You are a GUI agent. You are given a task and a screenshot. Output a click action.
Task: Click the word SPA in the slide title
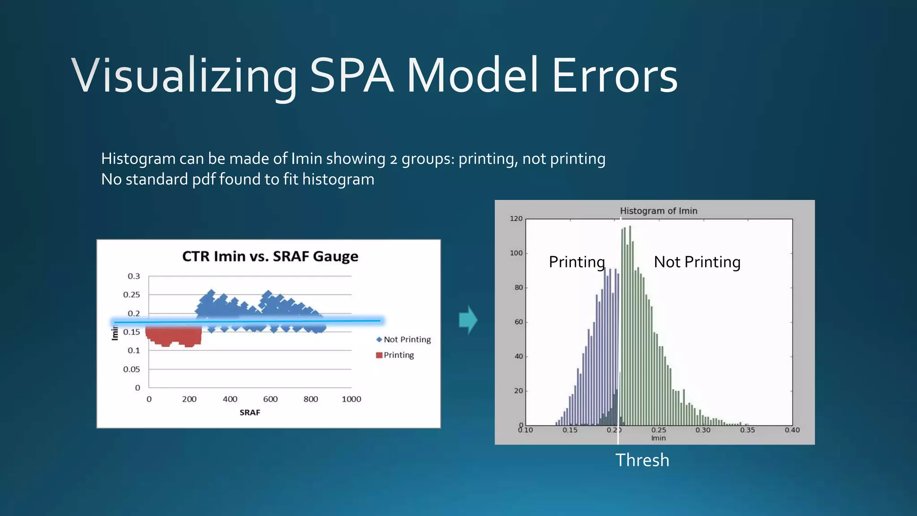[x=351, y=76]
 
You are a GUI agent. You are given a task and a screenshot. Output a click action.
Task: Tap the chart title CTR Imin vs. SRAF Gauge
[x=270, y=257]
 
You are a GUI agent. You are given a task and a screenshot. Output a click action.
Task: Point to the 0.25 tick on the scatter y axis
[x=132, y=295]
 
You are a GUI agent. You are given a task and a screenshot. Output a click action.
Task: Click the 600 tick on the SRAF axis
[x=270, y=399]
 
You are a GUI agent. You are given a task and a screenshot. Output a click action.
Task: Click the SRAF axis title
[x=249, y=413]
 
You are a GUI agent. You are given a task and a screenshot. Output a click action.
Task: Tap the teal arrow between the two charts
[x=468, y=320]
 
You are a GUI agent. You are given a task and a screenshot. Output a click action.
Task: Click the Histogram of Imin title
[x=658, y=211]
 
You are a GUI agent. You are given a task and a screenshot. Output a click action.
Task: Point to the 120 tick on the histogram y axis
[x=516, y=219]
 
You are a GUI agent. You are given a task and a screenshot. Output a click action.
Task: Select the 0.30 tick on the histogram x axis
[x=703, y=430]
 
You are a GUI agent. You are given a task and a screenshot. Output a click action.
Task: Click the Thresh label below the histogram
[x=642, y=460]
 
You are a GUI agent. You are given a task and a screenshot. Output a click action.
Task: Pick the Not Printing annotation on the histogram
[x=697, y=262]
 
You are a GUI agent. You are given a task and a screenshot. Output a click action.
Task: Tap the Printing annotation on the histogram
[x=577, y=262]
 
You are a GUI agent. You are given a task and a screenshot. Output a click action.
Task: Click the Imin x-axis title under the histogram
[x=658, y=438]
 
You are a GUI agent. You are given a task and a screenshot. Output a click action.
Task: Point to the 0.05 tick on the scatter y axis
[x=132, y=370]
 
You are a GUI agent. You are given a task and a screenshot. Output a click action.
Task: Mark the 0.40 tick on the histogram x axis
[x=792, y=430]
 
